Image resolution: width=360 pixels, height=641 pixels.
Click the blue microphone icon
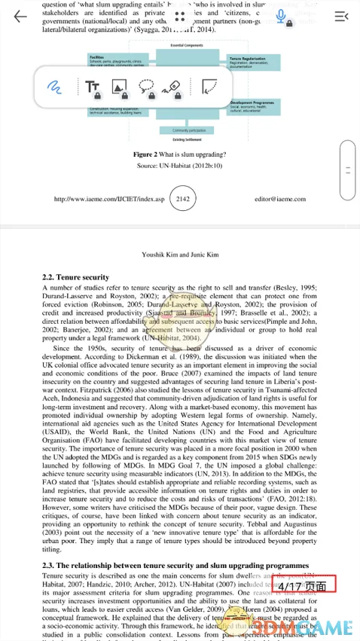(x=281, y=16)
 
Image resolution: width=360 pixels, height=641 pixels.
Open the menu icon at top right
(x=342, y=16)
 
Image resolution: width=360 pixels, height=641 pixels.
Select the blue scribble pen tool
(x=53, y=87)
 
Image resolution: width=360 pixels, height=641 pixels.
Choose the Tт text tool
(x=93, y=87)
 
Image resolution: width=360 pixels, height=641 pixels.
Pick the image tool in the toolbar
(x=120, y=87)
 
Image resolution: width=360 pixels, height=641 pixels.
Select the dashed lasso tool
(x=147, y=87)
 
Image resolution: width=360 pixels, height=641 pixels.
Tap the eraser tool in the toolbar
(x=173, y=87)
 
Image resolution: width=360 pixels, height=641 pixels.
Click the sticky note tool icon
(x=210, y=87)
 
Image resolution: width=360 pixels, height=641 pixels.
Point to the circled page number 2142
(x=182, y=199)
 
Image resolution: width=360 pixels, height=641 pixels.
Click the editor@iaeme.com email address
(x=280, y=199)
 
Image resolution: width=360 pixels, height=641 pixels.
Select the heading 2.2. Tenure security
(x=76, y=277)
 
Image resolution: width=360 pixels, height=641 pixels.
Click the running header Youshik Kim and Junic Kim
(x=180, y=255)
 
